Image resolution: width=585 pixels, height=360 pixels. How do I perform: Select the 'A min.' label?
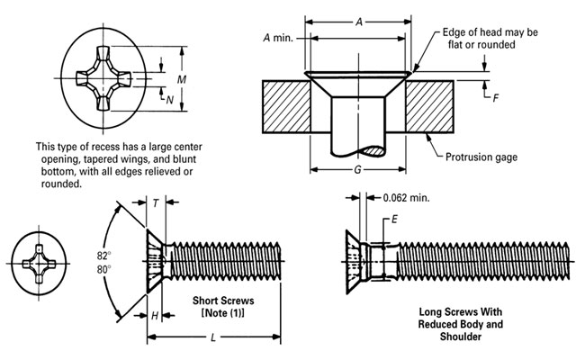(x=279, y=38)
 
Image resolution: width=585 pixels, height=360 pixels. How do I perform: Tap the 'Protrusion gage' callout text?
(x=482, y=157)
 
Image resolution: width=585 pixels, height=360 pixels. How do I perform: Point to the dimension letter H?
(x=155, y=315)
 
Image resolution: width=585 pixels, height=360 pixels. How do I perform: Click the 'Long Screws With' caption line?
(x=461, y=312)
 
